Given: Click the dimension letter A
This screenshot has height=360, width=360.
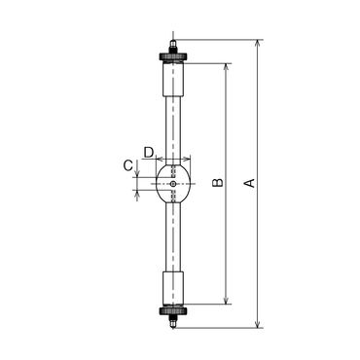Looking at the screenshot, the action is click(x=250, y=183).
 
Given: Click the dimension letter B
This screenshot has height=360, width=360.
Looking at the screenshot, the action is click(x=218, y=182).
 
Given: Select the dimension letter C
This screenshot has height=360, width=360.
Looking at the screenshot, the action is click(x=127, y=165).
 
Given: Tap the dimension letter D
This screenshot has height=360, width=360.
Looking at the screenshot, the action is click(x=149, y=152).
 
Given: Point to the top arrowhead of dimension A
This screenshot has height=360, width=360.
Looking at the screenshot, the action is click(x=258, y=43).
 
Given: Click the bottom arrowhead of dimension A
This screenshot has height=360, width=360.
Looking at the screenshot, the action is click(x=258, y=324).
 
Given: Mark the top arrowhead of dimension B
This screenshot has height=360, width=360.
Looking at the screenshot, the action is click(x=227, y=67).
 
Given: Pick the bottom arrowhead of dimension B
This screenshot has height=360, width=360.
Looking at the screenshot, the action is click(x=227, y=301).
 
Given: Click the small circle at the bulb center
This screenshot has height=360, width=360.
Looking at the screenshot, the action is click(x=173, y=184).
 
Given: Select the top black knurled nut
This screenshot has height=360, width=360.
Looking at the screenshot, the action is click(x=173, y=57).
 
